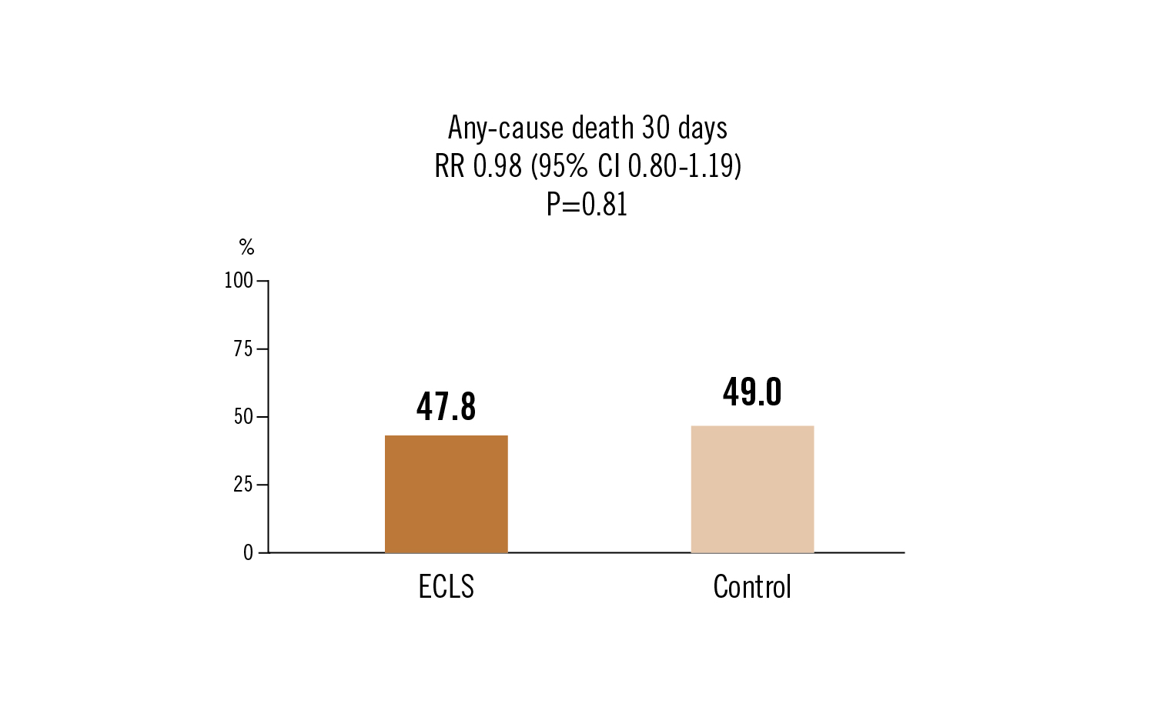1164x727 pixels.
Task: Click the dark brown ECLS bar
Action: click(446, 494)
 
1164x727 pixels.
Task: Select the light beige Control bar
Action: click(752, 489)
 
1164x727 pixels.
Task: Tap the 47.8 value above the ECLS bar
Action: click(446, 406)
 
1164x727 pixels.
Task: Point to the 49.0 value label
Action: click(752, 392)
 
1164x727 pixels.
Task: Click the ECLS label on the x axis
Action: click(446, 587)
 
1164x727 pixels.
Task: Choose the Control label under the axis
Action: click(752, 587)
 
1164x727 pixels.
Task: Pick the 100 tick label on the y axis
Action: click(239, 281)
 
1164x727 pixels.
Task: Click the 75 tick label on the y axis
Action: click(242, 349)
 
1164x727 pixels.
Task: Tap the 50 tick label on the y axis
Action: click(242, 417)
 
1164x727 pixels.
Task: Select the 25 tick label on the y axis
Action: click(242, 485)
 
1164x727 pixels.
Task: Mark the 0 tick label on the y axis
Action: click(248, 553)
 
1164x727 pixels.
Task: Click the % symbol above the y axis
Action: click(246, 247)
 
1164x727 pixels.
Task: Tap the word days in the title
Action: click(702, 128)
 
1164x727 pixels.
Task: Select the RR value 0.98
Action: click(497, 166)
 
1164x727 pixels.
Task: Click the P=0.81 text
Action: click(587, 205)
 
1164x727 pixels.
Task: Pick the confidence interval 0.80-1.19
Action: click(681, 166)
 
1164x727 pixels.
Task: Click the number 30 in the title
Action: click(656, 128)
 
